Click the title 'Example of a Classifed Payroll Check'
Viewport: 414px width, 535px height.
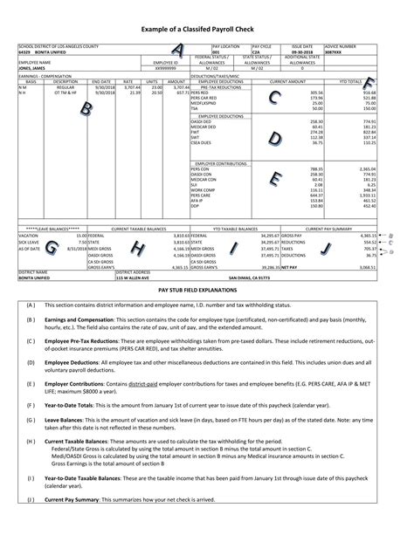point(207,29)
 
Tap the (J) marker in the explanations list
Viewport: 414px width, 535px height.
point(31,524)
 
